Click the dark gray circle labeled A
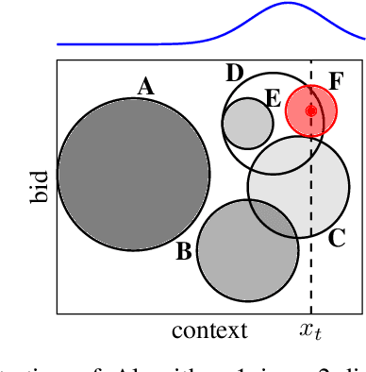click(x=133, y=174)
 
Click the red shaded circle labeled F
click(x=311, y=110)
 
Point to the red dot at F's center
click(x=311, y=110)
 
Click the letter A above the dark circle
click(x=145, y=87)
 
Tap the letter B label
click(x=184, y=251)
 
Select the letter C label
click(x=336, y=238)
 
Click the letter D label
click(x=236, y=73)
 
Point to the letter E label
click(x=274, y=97)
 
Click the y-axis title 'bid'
click(x=39, y=187)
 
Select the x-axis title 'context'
click(x=209, y=330)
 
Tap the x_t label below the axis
click(x=310, y=330)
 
